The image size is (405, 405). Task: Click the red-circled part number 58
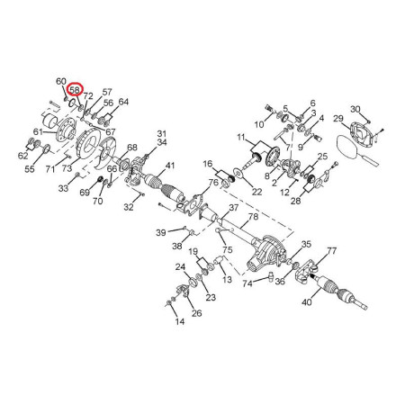point(75,90)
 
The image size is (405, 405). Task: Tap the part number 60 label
point(61,81)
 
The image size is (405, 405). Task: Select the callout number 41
point(170,166)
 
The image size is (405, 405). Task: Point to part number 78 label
point(253,216)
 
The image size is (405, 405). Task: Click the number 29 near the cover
point(338,119)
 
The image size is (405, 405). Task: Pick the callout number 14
point(180,321)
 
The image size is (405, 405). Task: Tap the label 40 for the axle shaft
point(307,302)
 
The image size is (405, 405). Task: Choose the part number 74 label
point(247,283)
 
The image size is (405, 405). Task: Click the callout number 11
point(241,138)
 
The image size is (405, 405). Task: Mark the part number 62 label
point(23,156)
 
